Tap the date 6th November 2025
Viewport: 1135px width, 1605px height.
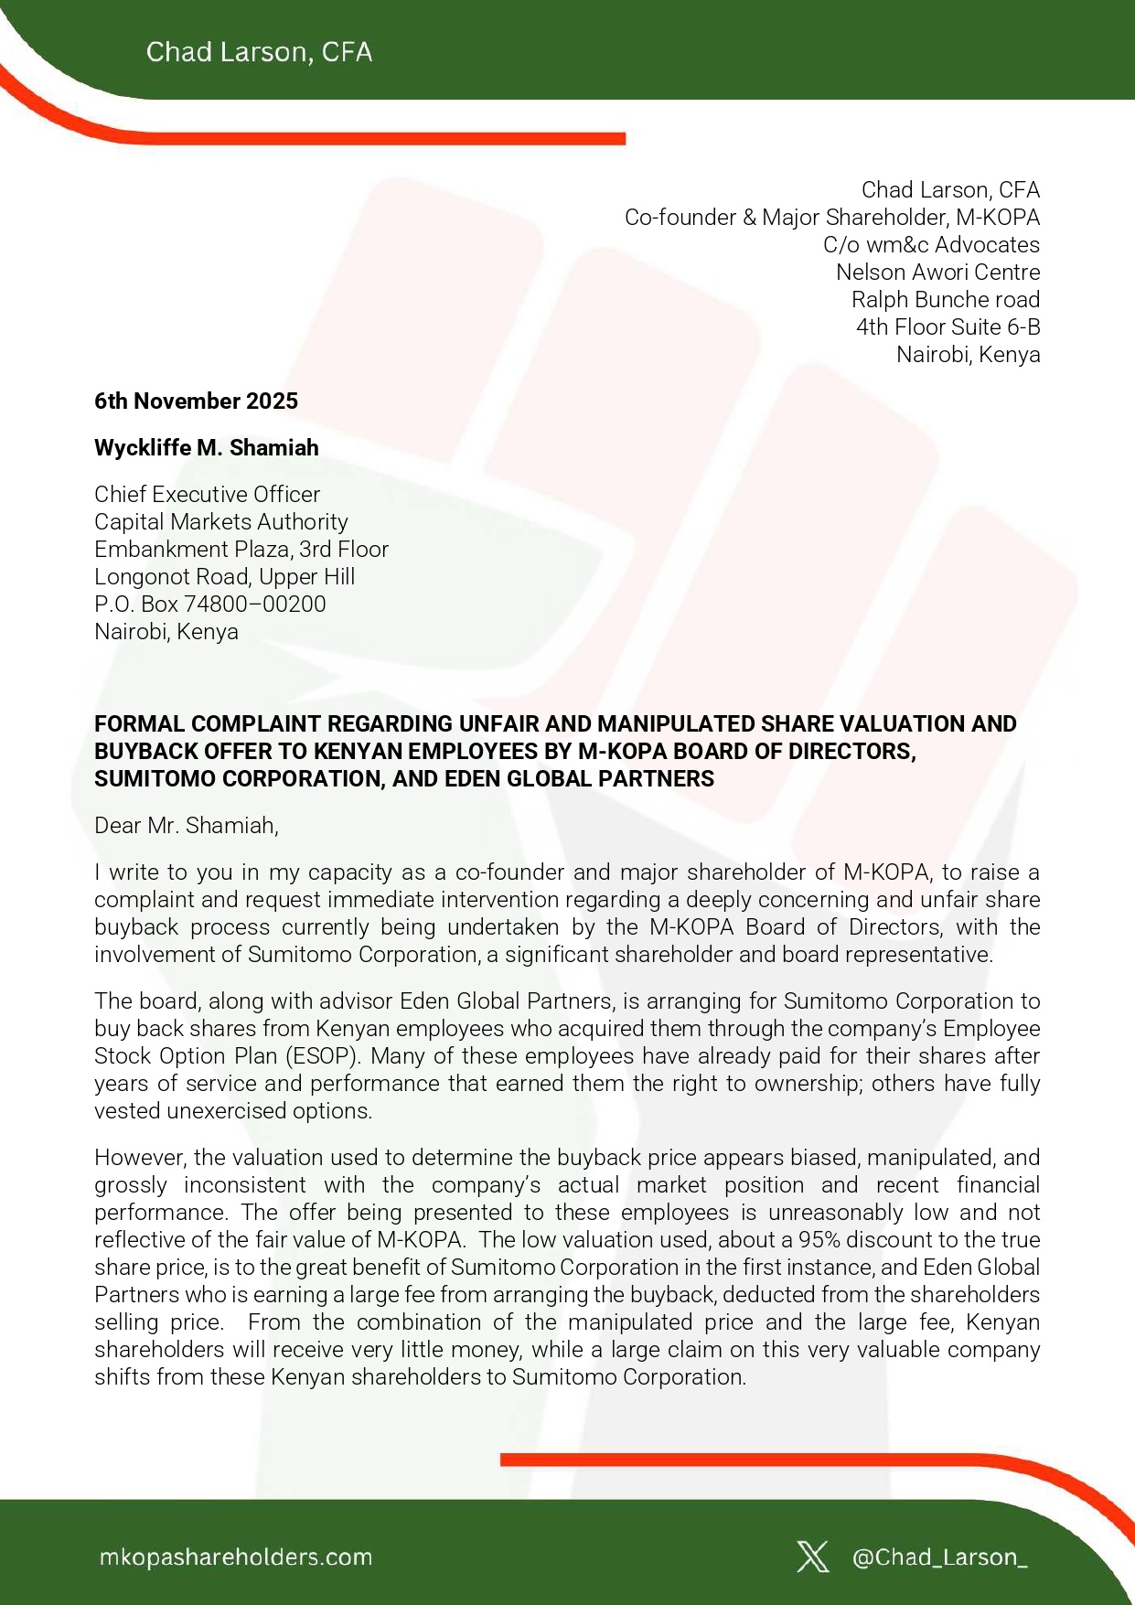[196, 401]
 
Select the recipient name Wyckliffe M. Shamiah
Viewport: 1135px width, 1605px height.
[207, 447]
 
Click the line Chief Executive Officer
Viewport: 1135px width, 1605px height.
[207, 494]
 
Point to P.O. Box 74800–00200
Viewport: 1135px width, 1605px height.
[209, 604]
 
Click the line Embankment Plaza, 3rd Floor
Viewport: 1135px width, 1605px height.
[241, 549]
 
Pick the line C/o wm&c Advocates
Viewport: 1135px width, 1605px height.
[931, 244]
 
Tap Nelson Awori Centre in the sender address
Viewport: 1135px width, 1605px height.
[937, 272]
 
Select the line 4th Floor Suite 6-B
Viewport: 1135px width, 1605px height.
[948, 326]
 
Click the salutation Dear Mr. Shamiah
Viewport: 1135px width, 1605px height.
[186, 825]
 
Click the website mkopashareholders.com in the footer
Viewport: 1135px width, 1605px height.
[235, 1557]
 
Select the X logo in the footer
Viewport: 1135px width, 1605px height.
[812, 1557]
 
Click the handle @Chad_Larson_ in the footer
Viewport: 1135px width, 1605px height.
[939, 1557]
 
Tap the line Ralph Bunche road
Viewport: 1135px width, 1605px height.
[945, 299]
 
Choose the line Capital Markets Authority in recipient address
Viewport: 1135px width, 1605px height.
[220, 521]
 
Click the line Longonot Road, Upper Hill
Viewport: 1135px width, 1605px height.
[224, 576]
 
